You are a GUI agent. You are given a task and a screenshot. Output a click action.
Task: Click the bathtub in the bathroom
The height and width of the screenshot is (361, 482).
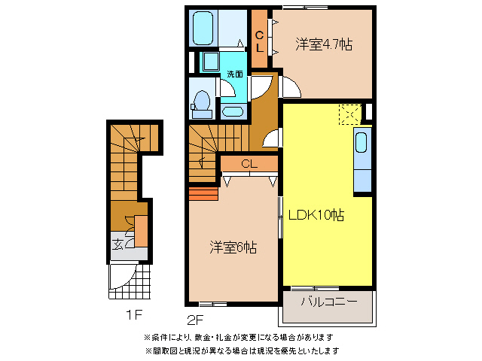point(205,28)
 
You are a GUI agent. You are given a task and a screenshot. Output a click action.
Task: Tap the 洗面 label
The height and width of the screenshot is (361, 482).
point(235,74)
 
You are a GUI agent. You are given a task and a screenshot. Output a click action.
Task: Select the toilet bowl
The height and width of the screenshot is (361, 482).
point(202,101)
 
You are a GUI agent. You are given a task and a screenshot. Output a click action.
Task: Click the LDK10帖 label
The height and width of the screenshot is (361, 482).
point(317,216)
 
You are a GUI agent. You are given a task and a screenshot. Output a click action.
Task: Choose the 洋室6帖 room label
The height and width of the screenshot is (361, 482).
point(233,246)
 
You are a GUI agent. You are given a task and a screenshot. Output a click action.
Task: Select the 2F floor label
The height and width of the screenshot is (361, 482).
point(197,317)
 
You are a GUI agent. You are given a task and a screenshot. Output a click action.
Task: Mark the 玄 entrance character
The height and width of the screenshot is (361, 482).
point(118,243)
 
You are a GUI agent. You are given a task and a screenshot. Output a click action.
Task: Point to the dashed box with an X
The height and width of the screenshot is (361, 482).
point(349,114)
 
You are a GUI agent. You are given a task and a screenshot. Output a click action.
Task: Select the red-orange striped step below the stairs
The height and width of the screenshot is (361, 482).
point(203,195)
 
